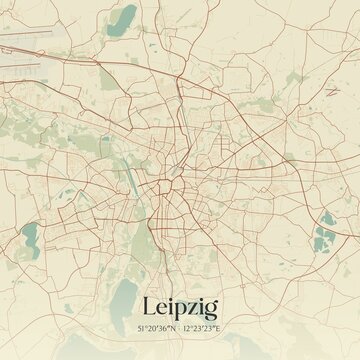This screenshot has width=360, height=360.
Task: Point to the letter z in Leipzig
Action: [193, 309]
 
